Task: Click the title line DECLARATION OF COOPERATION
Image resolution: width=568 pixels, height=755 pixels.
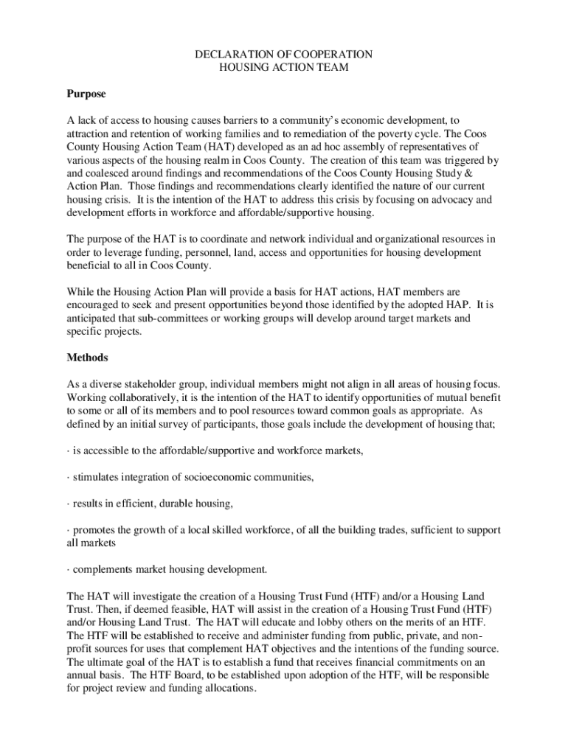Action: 283,55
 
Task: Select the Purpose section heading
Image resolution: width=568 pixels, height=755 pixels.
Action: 86,94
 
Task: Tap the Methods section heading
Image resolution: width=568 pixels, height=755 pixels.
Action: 87,358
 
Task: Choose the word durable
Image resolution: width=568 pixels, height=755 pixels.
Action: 171,504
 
